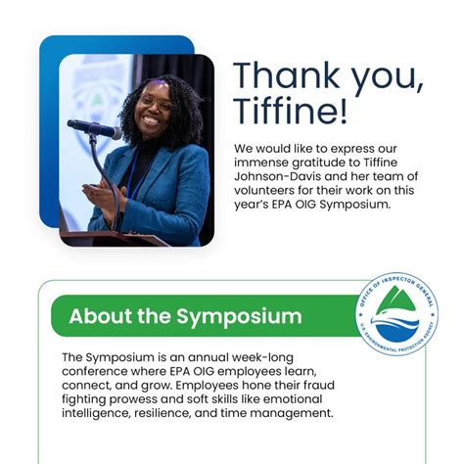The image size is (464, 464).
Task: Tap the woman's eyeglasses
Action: click(154, 102)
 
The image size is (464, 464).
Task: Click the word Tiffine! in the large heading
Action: click(290, 110)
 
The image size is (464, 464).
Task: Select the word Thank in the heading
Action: click(287, 76)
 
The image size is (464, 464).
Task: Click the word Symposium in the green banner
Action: click(239, 317)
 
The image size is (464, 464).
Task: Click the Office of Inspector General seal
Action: click(396, 314)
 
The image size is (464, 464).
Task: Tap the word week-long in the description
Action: click(262, 358)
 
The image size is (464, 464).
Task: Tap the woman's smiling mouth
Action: click(151, 120)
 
